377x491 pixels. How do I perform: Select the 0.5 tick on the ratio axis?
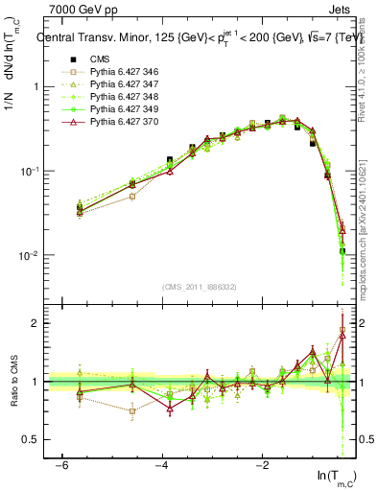(x=31, y=439)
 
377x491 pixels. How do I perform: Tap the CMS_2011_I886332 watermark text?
(x=200, y=287)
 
